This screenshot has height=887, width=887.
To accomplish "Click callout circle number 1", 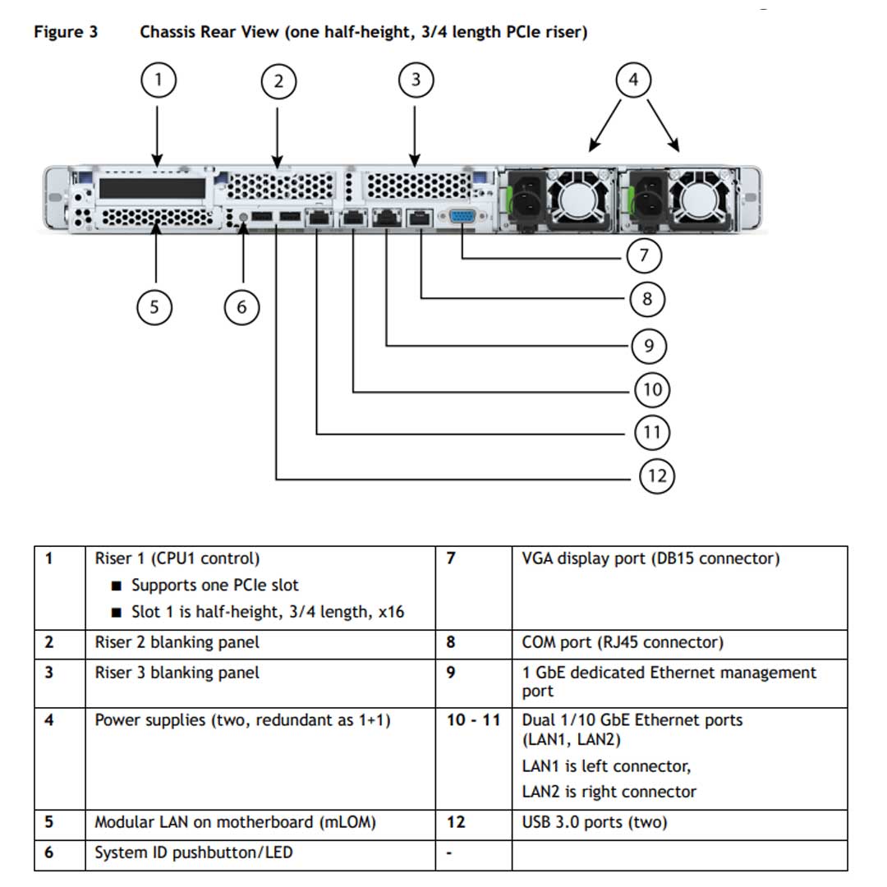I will (158, 80).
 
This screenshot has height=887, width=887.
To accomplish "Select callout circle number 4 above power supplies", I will (632, 80).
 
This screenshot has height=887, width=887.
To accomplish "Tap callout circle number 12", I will (656, 476).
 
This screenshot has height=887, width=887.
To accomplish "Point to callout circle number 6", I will (241, 307).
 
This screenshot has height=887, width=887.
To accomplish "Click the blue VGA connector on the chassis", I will (462, 218).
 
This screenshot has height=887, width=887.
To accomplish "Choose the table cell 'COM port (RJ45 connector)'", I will (623, 642).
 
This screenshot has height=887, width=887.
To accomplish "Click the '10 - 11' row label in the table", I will (473, 720).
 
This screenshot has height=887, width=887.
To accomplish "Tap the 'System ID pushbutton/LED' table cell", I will (193, 853).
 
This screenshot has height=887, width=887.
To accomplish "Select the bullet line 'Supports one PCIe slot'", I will (214, 586).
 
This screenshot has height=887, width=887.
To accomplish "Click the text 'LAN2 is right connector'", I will (609, 792).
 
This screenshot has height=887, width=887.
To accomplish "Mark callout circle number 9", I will (649, 346).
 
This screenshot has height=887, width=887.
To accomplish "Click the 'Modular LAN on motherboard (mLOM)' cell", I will (235, 822).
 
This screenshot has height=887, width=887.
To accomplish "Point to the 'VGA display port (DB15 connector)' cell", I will (650, 558).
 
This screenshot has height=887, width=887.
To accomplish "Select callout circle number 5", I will (154, 307).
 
